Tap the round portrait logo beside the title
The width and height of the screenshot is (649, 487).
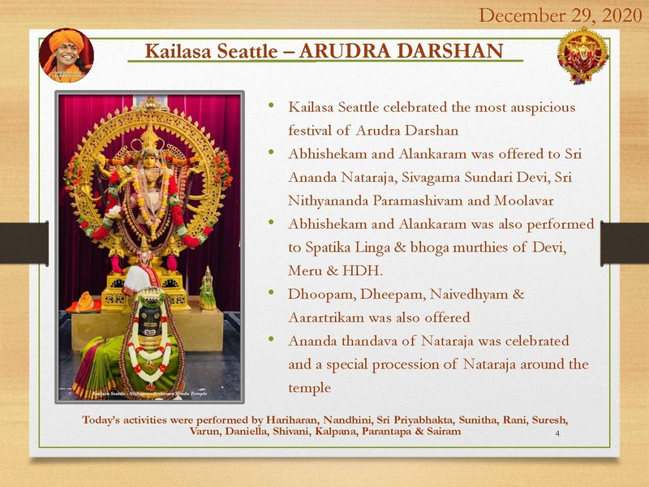[x=67, y=55]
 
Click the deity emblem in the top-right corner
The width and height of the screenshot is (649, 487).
[x=582, y=55]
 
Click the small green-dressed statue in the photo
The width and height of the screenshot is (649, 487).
[x=208, y=289]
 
